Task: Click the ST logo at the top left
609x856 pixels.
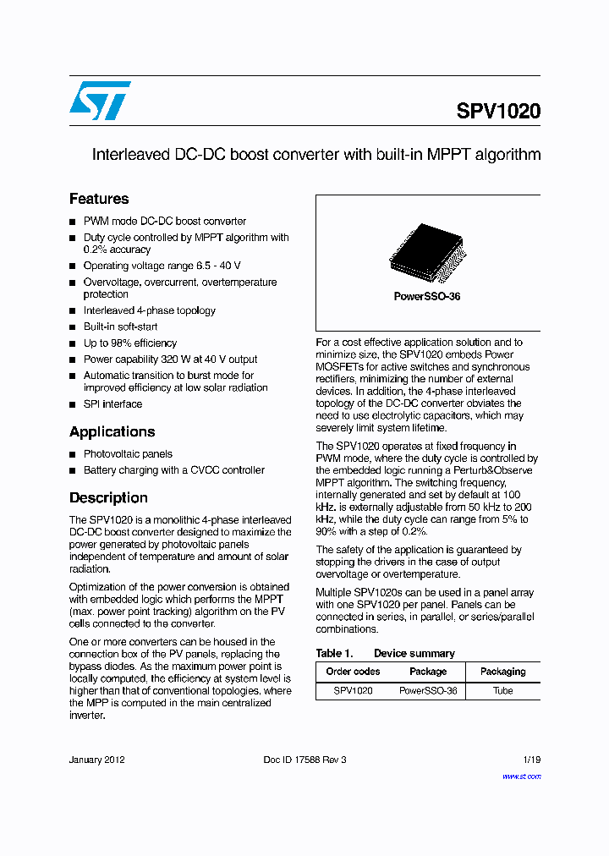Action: coord(99,101)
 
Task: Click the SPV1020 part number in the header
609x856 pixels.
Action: coord(498,112)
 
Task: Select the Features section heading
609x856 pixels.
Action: coord(99,199)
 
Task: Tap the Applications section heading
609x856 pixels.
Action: coord(112,431)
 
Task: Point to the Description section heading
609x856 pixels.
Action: coord(108,497)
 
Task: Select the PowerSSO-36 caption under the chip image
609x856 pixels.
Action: coord(427,297)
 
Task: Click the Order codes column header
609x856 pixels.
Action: coord(353,672)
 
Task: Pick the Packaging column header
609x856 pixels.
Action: coord(502,672)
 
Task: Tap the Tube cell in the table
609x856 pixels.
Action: coord(502,690)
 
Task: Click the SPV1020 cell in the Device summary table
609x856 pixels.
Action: coord(353,690)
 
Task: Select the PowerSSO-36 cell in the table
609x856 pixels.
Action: coord(428,690)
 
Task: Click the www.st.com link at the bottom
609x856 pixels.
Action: coord(521,776)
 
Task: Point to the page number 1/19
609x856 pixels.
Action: coord(531,760)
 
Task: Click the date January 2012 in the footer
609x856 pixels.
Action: coord(96,760)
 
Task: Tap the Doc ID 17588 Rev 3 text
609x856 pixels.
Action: coord(304,760)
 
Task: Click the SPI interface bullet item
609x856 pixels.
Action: coord(112,404)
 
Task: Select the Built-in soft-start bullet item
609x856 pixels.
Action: coord(120,326)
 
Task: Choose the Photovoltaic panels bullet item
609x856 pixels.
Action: coord(128,454)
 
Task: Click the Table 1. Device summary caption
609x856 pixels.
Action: coord(385,653)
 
